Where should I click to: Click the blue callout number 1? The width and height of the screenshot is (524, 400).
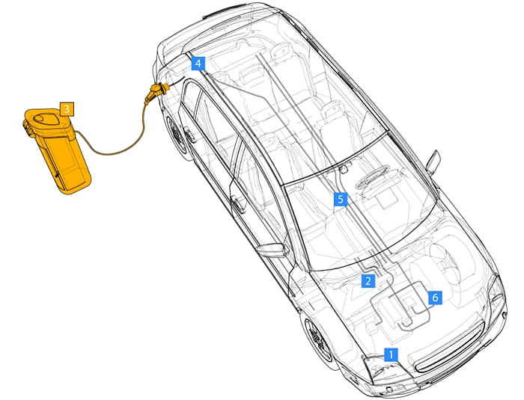(x=392, y=354)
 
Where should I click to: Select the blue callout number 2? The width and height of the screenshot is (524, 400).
(x=368, y=281)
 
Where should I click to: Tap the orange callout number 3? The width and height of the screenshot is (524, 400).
(x=66, y=109)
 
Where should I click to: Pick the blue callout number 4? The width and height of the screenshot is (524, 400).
(x=198, y=64)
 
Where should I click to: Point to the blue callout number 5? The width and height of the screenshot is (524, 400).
(x=341, y=199)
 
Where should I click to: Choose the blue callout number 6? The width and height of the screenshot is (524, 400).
(x=435, y=298)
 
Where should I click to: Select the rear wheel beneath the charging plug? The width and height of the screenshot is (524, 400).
(x=176, y=135)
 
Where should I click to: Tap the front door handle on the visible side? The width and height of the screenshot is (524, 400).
(x=238, y=202)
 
